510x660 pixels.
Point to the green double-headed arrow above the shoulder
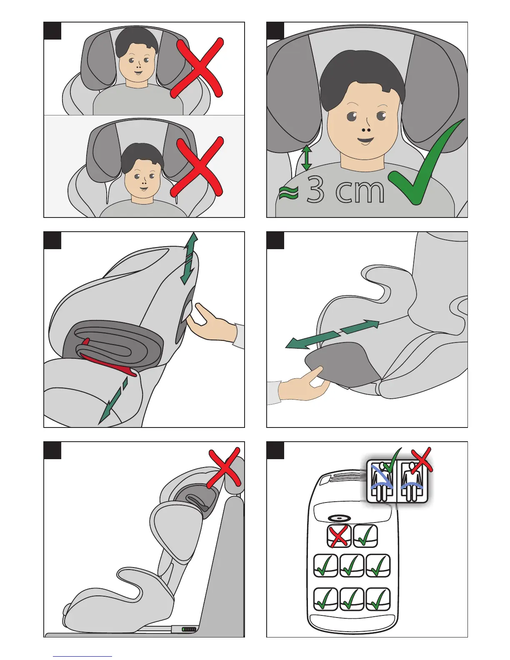click(307, 158)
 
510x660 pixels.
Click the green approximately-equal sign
click(289, 193)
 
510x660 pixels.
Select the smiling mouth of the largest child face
click(365, 141)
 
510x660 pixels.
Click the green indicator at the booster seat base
click(189, 629)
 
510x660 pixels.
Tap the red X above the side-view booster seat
click(225, 468)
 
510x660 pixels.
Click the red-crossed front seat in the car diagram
click(339, 536)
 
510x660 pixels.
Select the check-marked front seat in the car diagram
click(365, 536)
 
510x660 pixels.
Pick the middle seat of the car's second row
click(352, 565)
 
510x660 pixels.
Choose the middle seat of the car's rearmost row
click(352, 599)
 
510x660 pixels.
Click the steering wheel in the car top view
click(339, 518)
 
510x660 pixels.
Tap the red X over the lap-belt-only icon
click(422, 460)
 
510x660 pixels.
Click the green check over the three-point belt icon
click(392, 459)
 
